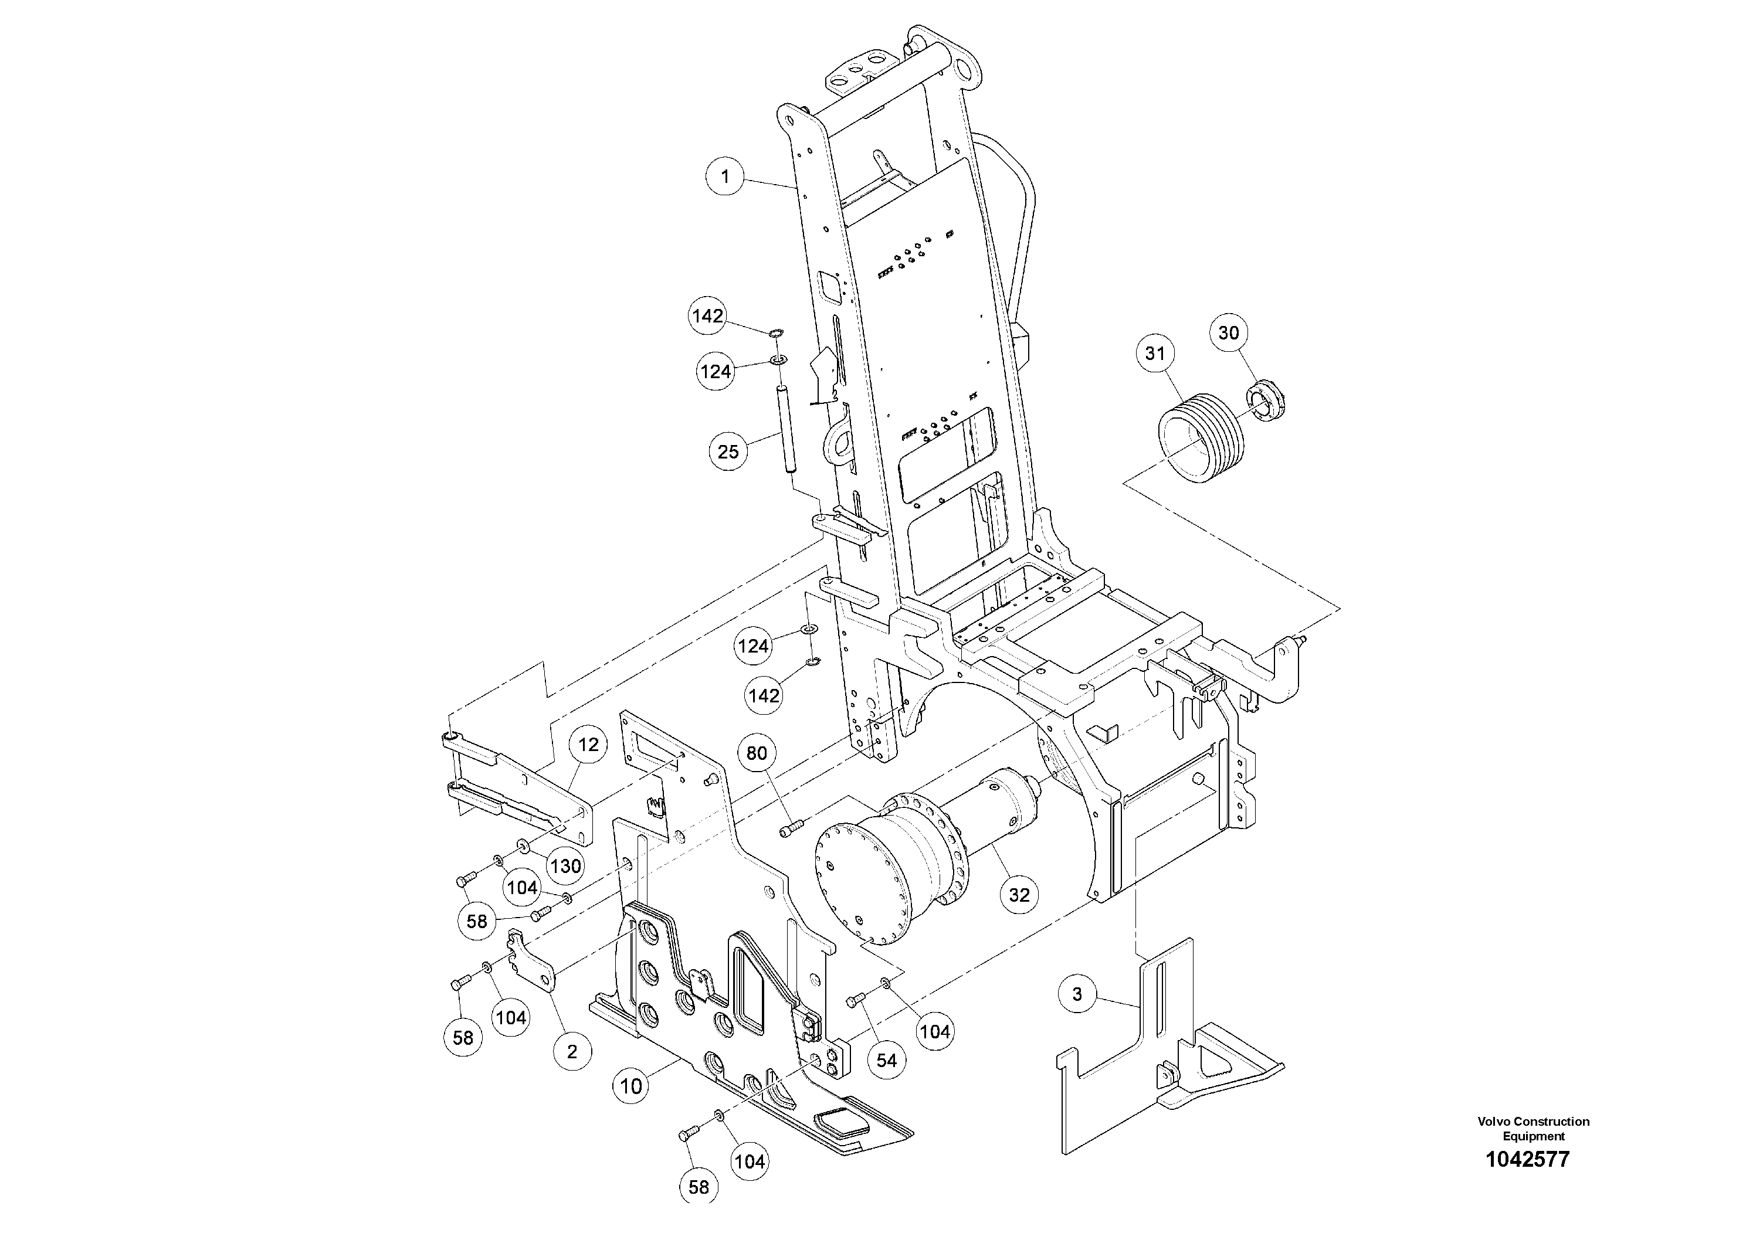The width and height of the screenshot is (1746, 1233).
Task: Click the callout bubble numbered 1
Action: (725, 176)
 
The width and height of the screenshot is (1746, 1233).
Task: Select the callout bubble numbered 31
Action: (1155, 353)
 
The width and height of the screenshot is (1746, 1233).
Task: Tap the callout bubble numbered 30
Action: (1229, 332)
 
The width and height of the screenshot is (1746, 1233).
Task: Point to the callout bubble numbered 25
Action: (728, 451)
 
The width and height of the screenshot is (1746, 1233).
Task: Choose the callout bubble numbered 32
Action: (1019, 895)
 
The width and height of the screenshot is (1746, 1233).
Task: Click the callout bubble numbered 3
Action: (1077, 994)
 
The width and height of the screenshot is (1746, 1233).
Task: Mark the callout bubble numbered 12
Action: (589, 745)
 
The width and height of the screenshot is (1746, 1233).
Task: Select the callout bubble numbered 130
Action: (566, 866)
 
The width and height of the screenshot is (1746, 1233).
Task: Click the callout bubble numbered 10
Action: (631, 1086)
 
